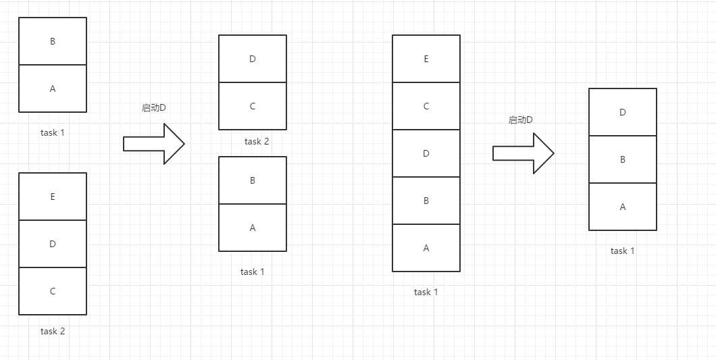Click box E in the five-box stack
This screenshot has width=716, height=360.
click(x=426, y=59)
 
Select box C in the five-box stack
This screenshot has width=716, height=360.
click(x=426, y=106)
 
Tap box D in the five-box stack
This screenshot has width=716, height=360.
click(x=426, y=153)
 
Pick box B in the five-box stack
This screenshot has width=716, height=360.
click(x=426, y=201)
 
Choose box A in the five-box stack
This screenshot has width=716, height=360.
click(x=426, y=248)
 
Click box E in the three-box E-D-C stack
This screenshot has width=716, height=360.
click(x=53, y=197)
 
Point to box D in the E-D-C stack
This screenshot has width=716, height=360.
click(x=53, y=244)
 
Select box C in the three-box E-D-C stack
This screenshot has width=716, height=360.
click(x=53, y=291)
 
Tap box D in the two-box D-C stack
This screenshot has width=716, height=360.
click(x=253, y=59)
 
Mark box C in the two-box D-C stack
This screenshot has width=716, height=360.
click(x=253, y=106)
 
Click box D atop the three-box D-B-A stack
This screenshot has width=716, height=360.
click(x=623, y=112)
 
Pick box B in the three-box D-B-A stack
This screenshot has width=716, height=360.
click(x=623, y=159)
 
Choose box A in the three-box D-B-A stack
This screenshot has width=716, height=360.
click(x=623, y=207)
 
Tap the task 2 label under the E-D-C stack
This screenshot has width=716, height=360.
click(x=53, y=331)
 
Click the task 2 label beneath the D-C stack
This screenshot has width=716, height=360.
click(x=257, y=141)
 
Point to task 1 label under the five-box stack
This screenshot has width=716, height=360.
click(x=426, y=292)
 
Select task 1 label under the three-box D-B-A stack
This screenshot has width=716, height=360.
click(x=623, y=251)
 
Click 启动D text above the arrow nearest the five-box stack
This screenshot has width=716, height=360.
click(x=521, y=120)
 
